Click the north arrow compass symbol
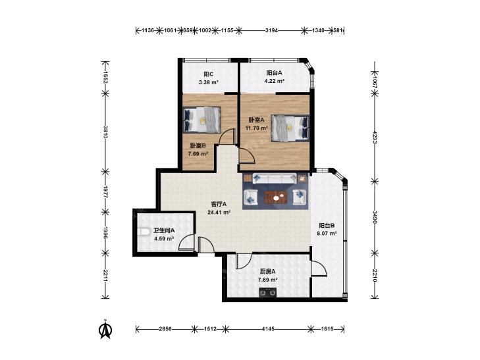105,329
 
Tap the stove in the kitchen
268,293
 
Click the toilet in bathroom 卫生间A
143,232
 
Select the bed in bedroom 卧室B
201,120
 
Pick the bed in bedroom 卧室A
290,128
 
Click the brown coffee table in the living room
276,197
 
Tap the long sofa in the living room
275,178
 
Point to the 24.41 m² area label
219,212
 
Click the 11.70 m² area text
257,128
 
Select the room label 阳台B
327,226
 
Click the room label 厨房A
268,271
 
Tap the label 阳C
209,74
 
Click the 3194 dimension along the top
271,30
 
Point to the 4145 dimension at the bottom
268,329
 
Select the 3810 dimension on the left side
105,132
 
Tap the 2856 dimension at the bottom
165,329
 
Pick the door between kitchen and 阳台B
319,269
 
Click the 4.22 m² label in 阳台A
275,82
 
